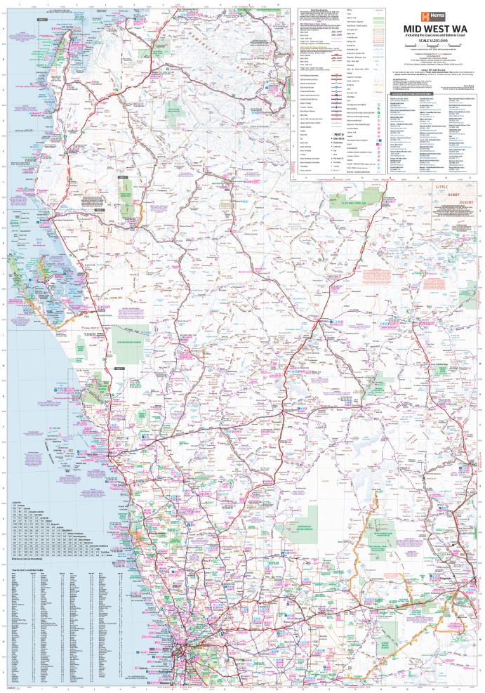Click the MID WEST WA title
431,29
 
